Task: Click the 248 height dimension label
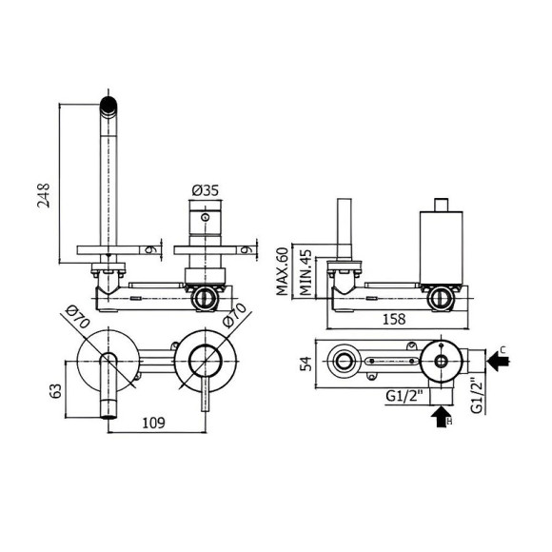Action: tap(44, 195)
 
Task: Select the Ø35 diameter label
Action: tap(206, 190)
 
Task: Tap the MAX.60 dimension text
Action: tap(283, 271)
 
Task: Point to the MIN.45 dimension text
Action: tap(306, 273)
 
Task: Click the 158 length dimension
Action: tap(394, 319)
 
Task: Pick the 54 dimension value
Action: tap(306, 364)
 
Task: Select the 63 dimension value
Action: tap(56, 391)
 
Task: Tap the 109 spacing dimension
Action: tap(153, 423)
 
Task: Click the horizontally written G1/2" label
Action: tap(404, 396)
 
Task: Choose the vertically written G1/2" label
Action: tap(477, 395)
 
